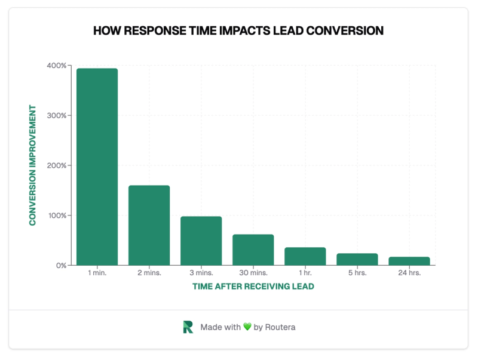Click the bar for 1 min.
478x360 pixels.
(x=97, y=167)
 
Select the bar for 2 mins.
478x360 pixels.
(x=149, y=225)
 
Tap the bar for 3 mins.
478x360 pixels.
(x=201, y=241)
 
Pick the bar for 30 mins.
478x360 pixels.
(x=253, y=250)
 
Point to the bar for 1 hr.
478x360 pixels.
(x=305, y=256)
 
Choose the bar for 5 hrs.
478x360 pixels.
(x=357, y=259)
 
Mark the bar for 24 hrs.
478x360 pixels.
(x=409, y=261)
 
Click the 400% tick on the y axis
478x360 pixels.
(x=57, y=65)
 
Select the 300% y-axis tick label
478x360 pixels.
(x=57, y=115)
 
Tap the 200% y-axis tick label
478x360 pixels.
(x=57, y=165)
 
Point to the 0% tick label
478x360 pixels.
(x=60, y=265)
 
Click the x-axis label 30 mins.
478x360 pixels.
(x=253, y=273)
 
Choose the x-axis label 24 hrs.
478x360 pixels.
(x=409, y=273)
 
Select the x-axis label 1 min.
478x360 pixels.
(x=97, y=273)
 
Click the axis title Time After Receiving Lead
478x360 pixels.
(x=253, y=287)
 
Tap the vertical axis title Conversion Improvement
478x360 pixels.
(x=33, y=165)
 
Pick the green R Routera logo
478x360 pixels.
(x=188, y=327)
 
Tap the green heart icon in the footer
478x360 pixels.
(x=247, y=327)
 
